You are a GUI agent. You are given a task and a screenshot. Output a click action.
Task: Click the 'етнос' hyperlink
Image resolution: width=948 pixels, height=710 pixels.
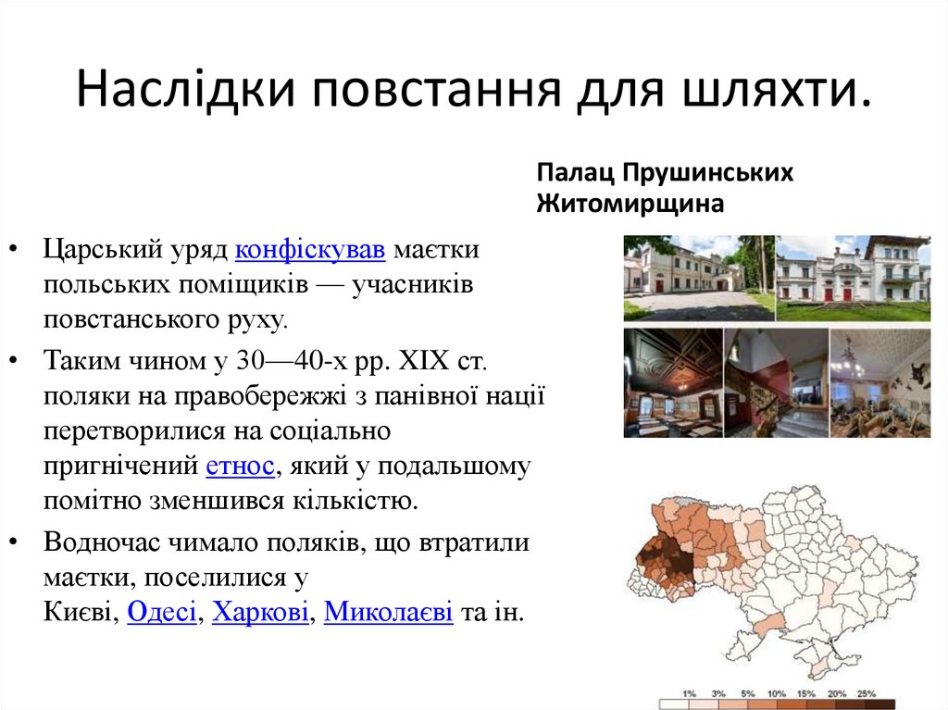click(x=240, y=466)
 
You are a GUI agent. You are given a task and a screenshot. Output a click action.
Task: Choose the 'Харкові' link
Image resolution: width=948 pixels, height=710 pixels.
click(x=260, y=612)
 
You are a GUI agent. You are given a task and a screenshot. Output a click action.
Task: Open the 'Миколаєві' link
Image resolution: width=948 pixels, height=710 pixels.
click(x=388, y=612)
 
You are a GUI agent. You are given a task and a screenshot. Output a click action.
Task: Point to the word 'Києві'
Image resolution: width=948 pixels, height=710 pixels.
click(x=78, y=612)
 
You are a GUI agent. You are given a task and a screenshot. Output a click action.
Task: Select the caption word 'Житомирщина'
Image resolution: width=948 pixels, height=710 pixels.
click(x=630, y=204)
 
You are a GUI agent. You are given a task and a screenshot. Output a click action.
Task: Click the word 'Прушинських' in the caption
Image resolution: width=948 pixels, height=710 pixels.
click(x=707, y=173)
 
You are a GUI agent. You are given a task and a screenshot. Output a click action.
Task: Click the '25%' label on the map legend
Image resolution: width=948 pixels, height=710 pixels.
click(x=866, y=693)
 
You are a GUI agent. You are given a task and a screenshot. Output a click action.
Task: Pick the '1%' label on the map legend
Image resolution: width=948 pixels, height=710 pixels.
click(x=689, y=693)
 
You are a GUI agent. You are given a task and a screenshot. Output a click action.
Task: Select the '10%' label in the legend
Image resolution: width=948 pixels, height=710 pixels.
click(x=777, y=693)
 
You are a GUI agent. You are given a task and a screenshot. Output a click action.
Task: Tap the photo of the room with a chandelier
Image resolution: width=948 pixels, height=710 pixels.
click(x=879, y=382)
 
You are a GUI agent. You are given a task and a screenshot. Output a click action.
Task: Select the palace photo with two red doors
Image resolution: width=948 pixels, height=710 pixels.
click(x=852, y=278)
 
